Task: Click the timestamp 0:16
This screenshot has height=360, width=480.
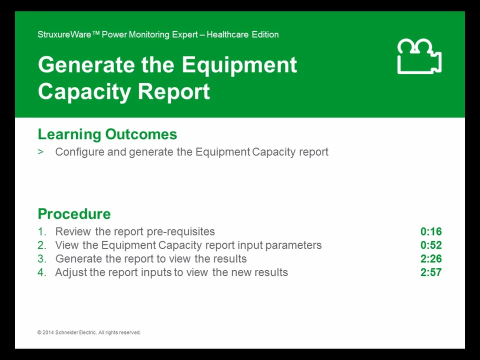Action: click(430, 231)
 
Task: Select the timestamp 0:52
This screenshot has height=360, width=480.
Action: click(430, 245)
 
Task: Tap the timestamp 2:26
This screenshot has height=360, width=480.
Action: click(430, 259)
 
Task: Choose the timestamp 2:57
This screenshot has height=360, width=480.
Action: click(430, 272)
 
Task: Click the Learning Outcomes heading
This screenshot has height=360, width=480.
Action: click(107, 134)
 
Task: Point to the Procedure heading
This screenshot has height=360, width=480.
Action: click(74, 214)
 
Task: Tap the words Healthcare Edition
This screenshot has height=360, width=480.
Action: click(242, 34)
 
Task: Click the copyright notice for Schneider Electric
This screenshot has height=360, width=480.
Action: click(89, 332)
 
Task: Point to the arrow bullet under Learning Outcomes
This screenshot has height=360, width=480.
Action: click(40, 152)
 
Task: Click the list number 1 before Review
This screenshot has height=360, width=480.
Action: click(41, 231)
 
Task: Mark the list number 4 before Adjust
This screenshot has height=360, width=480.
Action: click(41, 272)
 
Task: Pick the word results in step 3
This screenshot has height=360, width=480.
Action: click(229, 259)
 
